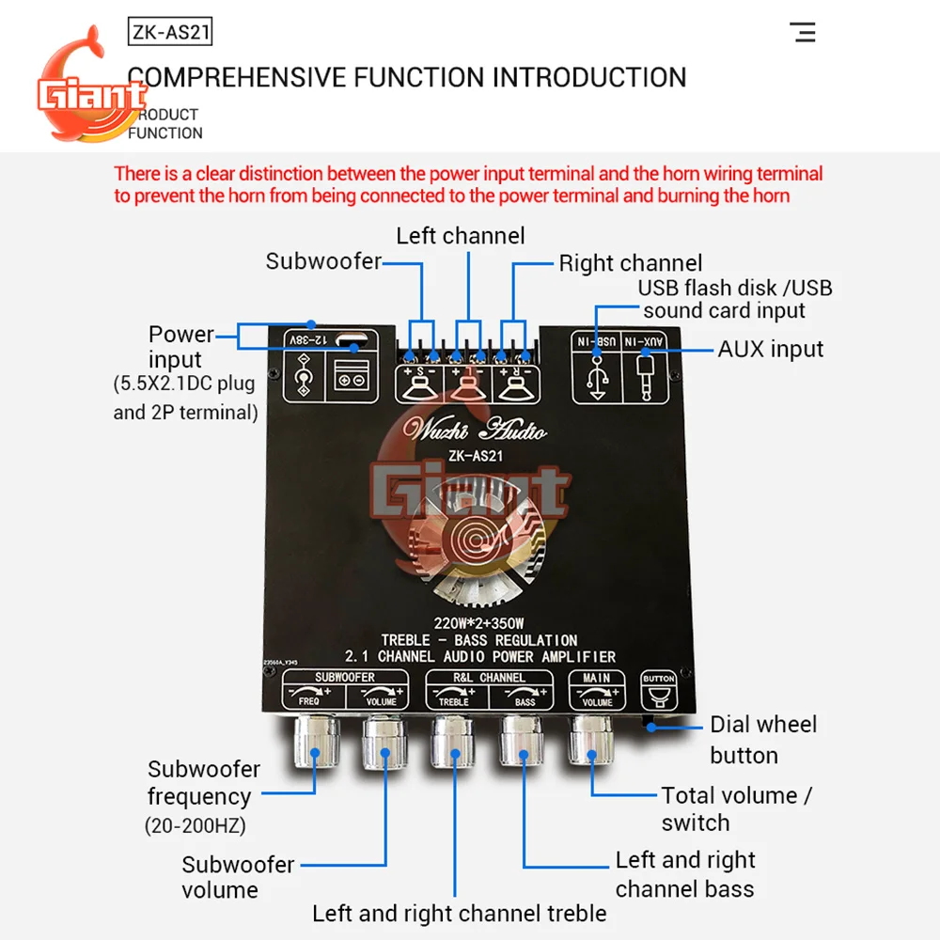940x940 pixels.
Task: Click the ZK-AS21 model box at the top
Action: (170, 33)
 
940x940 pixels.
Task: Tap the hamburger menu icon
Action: (804, 32)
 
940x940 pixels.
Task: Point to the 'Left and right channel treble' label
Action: (460, 913)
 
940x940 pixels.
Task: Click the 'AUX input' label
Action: (771, 349)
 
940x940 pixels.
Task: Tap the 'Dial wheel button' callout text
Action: (762, 740)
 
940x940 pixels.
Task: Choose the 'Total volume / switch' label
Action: (735, 808)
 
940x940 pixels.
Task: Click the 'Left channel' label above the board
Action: (461, 236)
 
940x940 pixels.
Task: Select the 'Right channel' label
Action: (631, 263)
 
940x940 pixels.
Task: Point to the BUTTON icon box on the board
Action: (659, 691)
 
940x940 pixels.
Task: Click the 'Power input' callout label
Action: (181, 346)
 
